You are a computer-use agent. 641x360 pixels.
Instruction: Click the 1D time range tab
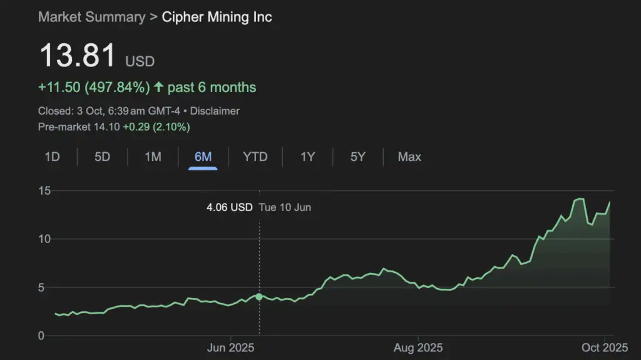[x=52, y=157]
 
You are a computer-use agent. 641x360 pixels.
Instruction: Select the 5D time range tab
[x=102, y=157]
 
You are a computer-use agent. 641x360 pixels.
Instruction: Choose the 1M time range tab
[x=153, y=157]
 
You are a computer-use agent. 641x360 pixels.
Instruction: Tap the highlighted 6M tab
[x=203, y=157]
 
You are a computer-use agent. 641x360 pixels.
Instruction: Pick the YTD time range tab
[x=255, y=157]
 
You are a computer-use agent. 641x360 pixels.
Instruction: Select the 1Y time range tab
[x=307, y=157]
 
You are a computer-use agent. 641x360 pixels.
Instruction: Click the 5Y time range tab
[x=357, y=157]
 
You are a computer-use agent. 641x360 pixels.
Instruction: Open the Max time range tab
[x=409, y=157]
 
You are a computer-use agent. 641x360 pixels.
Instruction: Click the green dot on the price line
[x=259, y=296]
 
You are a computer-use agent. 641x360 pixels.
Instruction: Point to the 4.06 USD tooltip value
[x=229, y=207]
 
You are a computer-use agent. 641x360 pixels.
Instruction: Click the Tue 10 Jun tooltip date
[x=285, y=207]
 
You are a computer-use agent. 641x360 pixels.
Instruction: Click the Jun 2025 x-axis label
[x=230, y=347]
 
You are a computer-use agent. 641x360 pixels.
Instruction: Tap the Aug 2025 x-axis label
[x=418, y=347]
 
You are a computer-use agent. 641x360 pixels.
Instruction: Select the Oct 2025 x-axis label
[x=605, y=347]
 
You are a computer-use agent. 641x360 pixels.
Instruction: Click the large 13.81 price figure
[x=78, y=56]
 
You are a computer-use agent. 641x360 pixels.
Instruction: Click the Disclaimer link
[x=215, y=111]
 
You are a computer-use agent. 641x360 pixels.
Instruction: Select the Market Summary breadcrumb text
[x=91, y=17]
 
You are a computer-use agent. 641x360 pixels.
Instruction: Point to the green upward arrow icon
[x=158, y=87]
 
